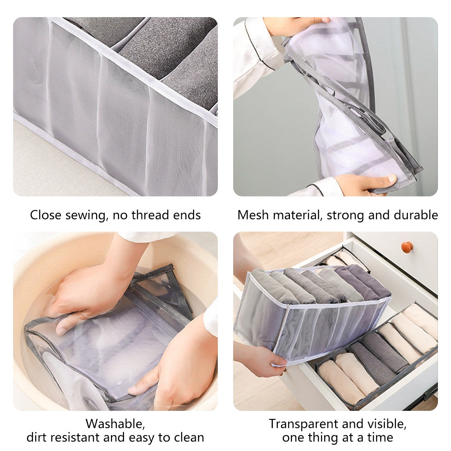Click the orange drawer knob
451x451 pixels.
(407, 247)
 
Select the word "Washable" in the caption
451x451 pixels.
(115, 424)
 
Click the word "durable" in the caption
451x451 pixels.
(415, 215)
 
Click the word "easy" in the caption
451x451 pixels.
(145, 437)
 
